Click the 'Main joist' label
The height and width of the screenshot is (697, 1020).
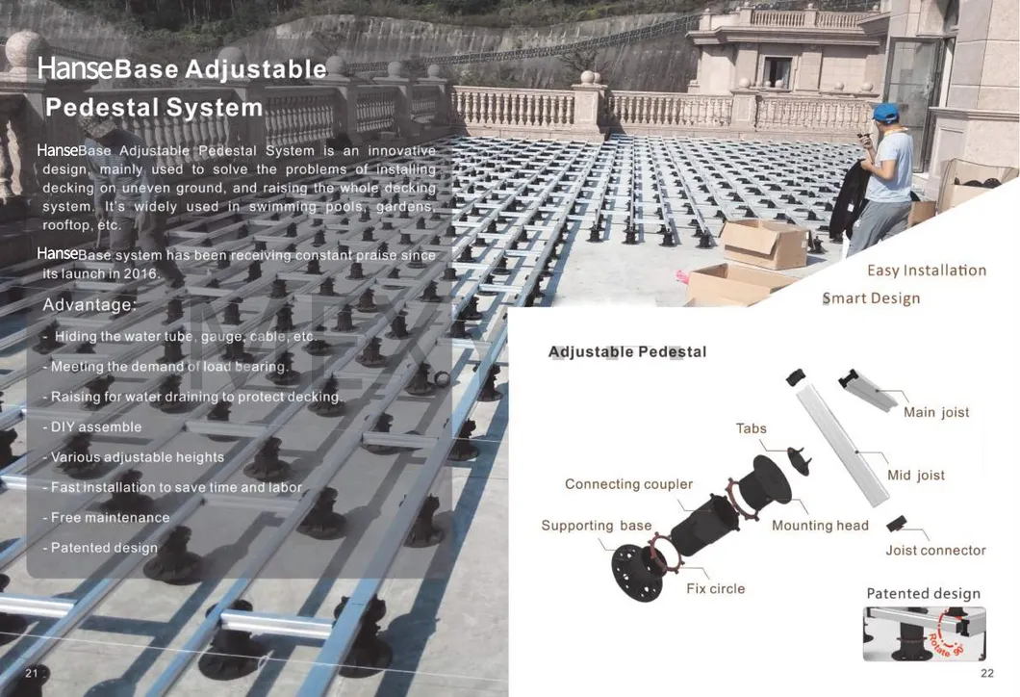click(x=936, y=412)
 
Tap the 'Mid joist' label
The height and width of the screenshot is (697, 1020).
click(x=916, y=475)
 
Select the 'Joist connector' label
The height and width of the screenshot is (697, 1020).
click(x=935, y=551)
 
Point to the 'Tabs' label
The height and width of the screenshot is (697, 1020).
click(x=751, y=428)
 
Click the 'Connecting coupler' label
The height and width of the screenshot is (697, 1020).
click(x=628, y=484)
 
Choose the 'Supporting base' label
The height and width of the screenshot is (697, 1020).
click(x=596, y=526)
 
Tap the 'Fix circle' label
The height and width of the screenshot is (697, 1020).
click(x=716, y=589)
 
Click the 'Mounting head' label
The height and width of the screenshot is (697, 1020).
click(x=820, y=526)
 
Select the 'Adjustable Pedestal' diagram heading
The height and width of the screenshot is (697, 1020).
click(x=627, y=352)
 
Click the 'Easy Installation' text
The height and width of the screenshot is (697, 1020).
click(x=927, y=271)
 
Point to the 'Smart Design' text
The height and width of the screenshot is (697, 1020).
click(x=871, y=298)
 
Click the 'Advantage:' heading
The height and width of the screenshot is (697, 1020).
click(x=89, y=304)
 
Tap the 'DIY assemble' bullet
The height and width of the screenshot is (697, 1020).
click(x=91, y=426)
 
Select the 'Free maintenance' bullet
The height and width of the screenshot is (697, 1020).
click(x=106, y=518)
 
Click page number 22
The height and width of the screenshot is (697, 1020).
click(x=987, y=674)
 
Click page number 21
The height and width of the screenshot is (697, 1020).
click(x=31, y=673)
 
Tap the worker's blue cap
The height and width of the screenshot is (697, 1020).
click(x=884, y=112)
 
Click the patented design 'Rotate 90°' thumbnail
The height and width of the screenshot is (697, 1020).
click(x=925, y=633)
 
